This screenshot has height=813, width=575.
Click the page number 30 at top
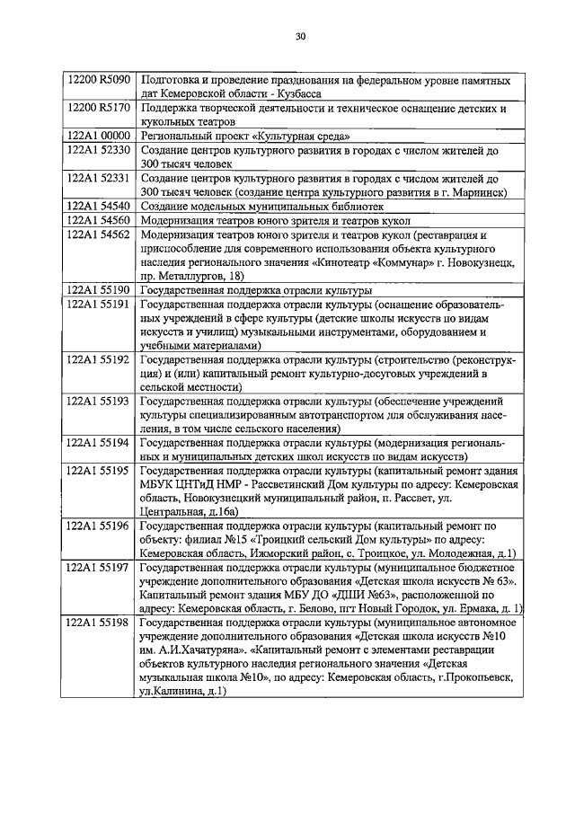click(300, 37)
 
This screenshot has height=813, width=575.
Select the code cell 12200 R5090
click(99, 80)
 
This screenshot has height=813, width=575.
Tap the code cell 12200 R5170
click(99, 108)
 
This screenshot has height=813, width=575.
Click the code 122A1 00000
click(99, 135)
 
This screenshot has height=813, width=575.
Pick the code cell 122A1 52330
click(99, 149)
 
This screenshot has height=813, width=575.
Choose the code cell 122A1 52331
click(99, 178)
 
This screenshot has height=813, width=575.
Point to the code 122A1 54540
click(99, 206)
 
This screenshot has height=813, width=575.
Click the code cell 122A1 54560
click(99, 220)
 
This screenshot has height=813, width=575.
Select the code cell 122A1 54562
click(99, 234)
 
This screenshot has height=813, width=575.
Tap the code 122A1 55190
click(99, 291)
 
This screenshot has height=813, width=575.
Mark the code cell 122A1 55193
click(99, 400)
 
